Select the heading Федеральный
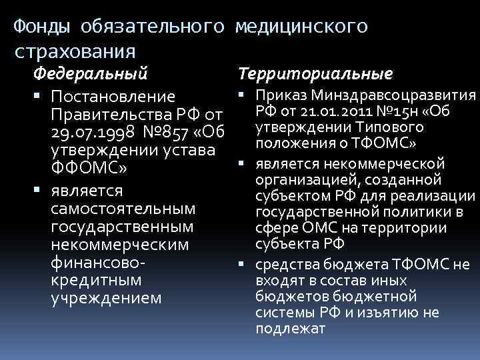(x=91, y=71)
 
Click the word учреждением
(x=106, y=297)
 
